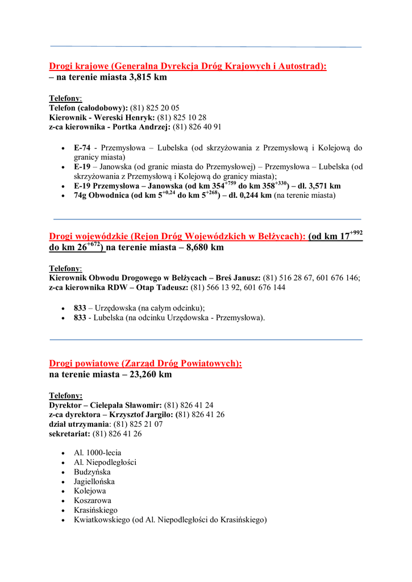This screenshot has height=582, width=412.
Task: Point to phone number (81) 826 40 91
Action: tap(197, 127)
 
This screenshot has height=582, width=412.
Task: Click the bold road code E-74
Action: tap(82, 148)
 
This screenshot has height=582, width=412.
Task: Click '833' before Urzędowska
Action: tap(80, 308)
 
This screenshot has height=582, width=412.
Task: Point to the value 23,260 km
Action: tap(150, 375)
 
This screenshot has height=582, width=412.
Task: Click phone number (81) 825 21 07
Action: tap(139, 424)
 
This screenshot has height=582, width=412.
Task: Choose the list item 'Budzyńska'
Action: tap(92, 472)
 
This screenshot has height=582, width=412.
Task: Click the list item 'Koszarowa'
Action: tap(93, 501)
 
